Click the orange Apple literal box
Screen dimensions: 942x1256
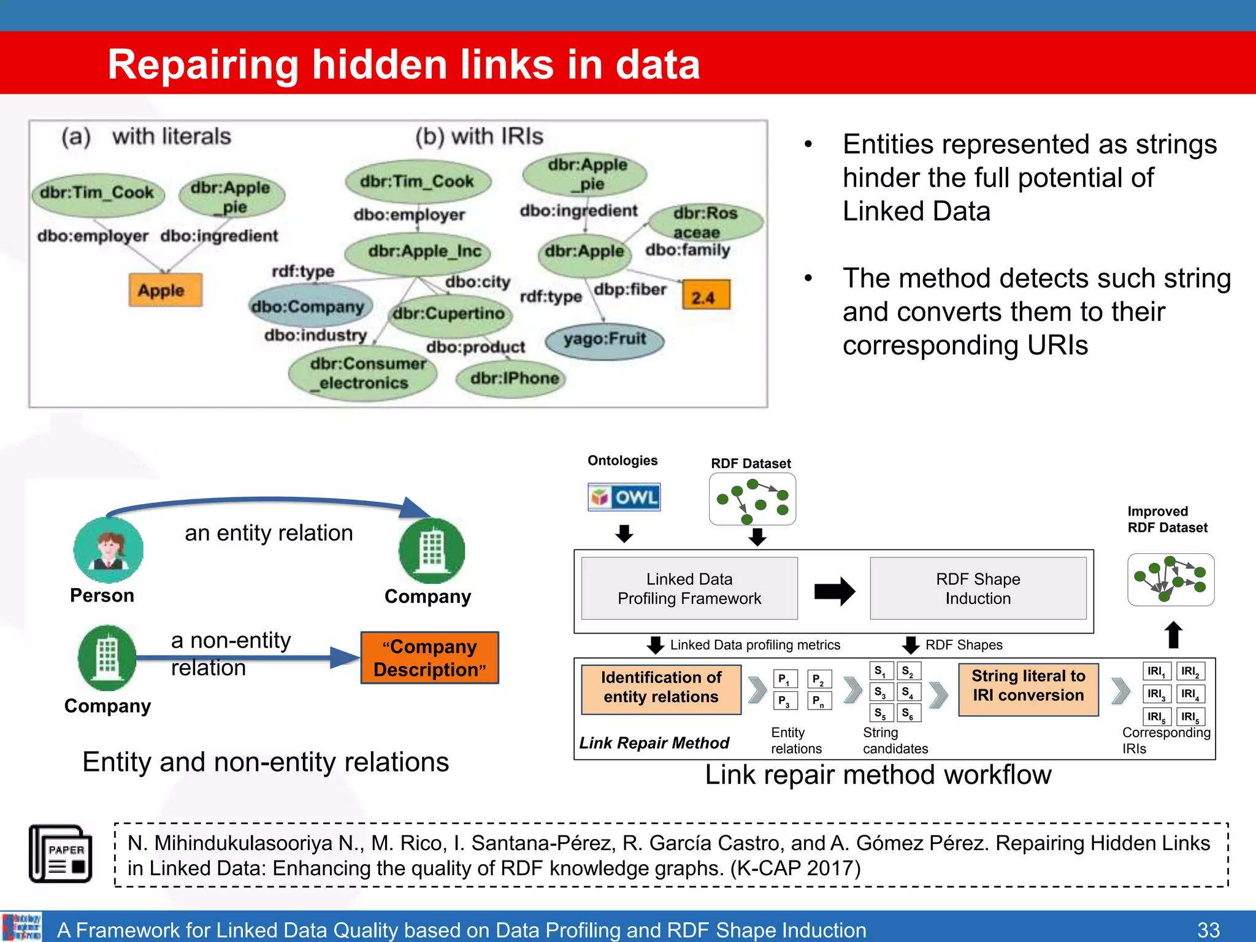165,290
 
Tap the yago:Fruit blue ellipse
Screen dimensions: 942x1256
605,340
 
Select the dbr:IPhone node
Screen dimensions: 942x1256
511,378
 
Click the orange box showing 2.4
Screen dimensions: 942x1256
706,296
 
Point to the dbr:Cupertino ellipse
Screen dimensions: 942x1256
450,313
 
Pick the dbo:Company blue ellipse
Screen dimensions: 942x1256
309,307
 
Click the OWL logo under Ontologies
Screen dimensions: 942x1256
624,497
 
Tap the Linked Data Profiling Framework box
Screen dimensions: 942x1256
689,589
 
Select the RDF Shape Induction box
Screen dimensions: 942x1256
978,589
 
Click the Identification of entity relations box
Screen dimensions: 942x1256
661,687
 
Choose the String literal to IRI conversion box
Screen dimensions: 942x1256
1028,686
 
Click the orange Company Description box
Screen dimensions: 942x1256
430,658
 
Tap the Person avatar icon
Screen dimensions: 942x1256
108,549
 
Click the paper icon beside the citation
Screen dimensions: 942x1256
61,853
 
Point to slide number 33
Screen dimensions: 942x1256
1208,929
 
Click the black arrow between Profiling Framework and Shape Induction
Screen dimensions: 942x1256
834,591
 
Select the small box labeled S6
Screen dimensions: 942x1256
908,713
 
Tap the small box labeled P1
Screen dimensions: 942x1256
784,680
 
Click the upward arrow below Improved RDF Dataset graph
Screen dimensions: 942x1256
1173,635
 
